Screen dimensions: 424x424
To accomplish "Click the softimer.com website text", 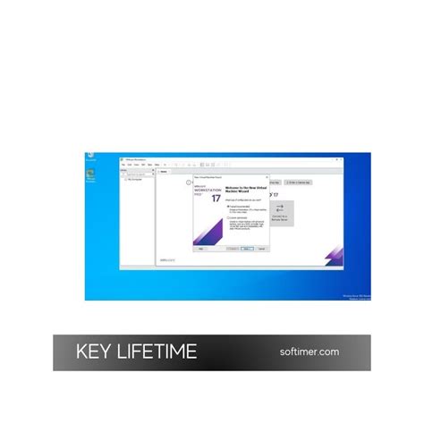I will click(x=310, y=352).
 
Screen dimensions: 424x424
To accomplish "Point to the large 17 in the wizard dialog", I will click(x=216, y=198).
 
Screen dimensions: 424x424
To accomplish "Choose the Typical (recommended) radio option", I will click(x=230, y=206).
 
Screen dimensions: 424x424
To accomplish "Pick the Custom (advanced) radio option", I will click(x=230, y=217).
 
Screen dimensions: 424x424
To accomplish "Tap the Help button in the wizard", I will click(x=201, y=248).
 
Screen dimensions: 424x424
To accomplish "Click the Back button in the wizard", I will click(x=232, y=248).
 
